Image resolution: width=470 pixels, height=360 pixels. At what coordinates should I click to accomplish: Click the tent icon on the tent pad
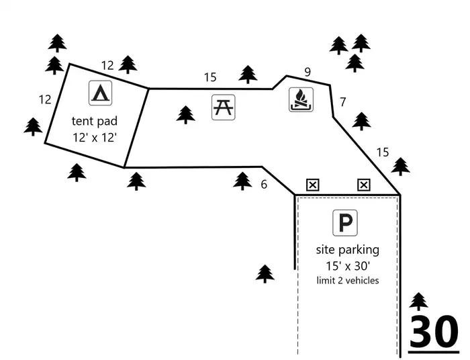(x=101, y=93)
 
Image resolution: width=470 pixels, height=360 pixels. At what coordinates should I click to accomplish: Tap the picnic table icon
(x=224, y=107)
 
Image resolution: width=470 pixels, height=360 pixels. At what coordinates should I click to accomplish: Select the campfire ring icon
(x=301, y=100)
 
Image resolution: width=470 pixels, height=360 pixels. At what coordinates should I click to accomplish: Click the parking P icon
(x=345, y=223)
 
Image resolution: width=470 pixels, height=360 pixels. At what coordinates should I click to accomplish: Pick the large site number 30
(x=434, y=331)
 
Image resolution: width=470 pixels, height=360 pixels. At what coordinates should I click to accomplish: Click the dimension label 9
(x=308, y=73)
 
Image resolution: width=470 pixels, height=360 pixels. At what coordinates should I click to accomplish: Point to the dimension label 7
(x=343, y=102)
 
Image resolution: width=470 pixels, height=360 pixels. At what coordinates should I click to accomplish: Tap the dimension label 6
(x=264, y=184)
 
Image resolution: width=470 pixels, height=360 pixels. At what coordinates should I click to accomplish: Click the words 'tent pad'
(x=95, y=121)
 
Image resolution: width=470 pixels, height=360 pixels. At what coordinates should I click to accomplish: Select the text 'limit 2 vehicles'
(x=348, y=281)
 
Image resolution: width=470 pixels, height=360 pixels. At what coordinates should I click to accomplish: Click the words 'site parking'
(x=348, y=250)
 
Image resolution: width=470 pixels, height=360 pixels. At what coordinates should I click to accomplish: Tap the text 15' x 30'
(x=348, y=266)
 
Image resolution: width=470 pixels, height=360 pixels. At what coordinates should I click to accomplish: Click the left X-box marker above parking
(x=313, y=185)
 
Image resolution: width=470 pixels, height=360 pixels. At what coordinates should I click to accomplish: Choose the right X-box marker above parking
(x=364, y=185)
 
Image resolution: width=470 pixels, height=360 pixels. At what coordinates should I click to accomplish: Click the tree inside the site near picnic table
(x=185, y=115)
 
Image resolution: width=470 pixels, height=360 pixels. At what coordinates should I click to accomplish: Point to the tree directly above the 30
(x=418, y=302)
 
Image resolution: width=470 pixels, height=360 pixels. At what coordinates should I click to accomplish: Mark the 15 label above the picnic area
(x=210, y=77)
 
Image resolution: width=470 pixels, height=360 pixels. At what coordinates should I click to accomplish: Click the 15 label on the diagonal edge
(x=383, y=152)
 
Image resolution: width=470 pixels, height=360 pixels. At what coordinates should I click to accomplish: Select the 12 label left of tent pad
(x=45, y=99)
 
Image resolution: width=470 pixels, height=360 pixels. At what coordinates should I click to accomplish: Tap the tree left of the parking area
(x=265, y=273)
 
